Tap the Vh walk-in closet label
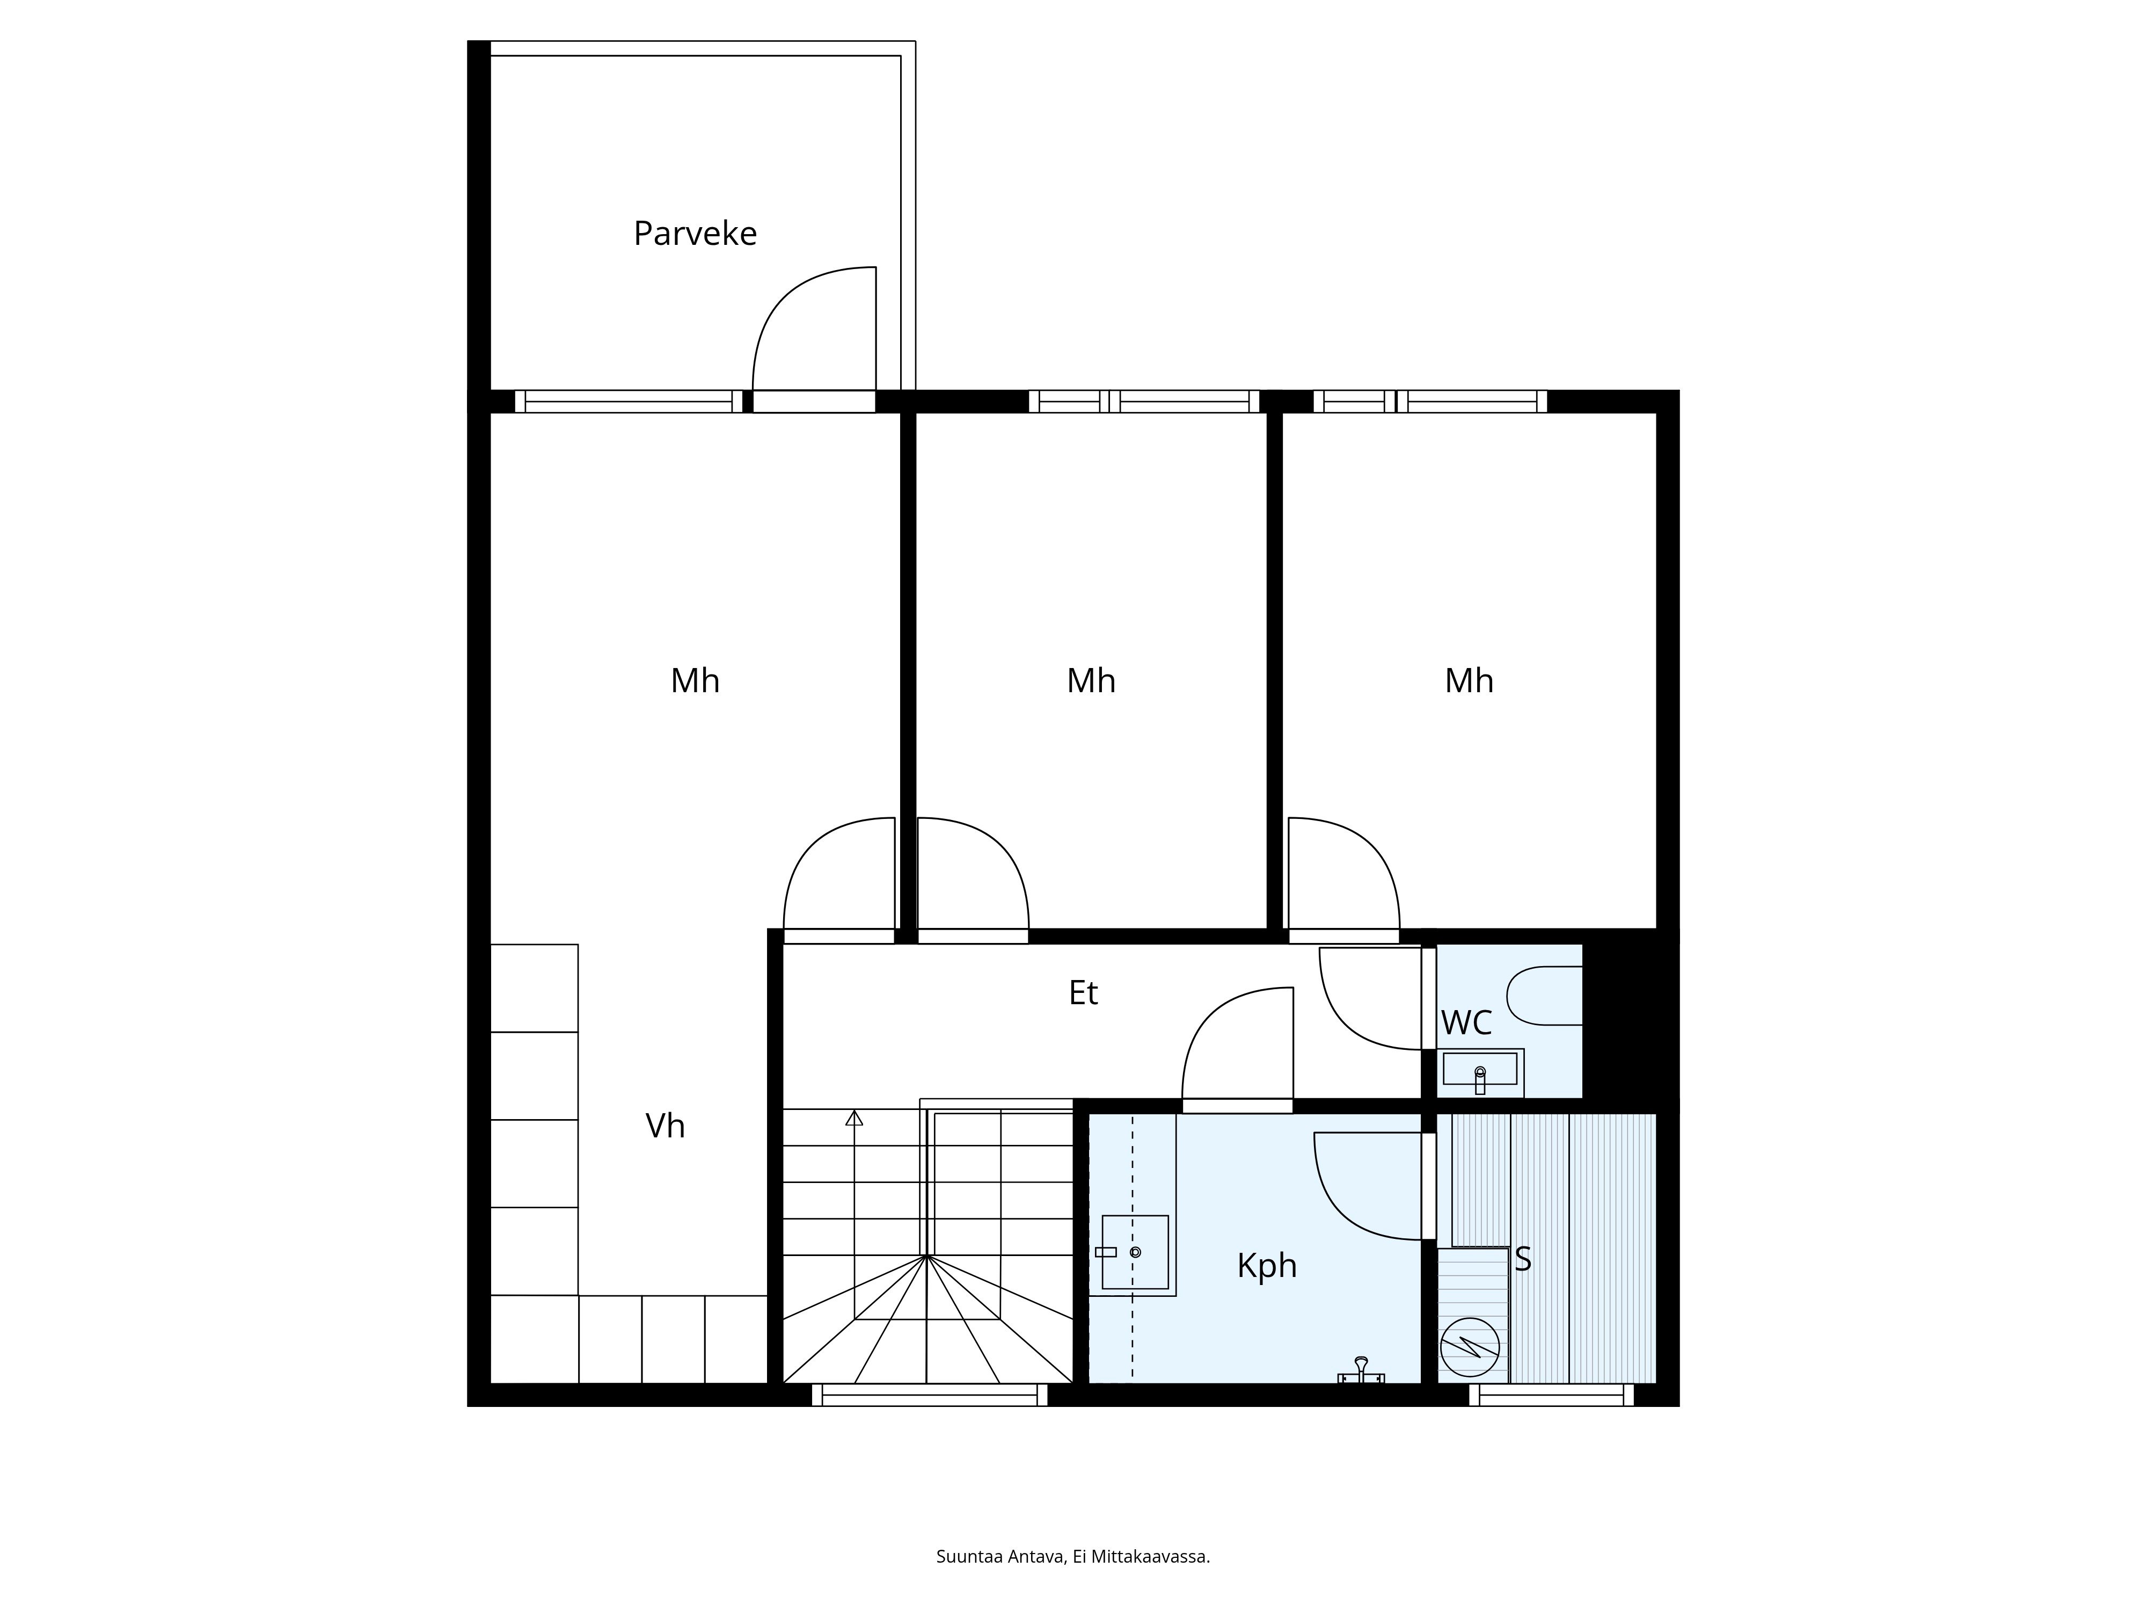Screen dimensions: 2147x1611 click(x=665, y=1126)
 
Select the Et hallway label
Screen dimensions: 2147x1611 click(x=1083, y=992)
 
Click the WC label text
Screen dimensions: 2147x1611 click(x=1466, y=1022)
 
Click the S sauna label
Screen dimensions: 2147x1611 click(x=1523, y=1259)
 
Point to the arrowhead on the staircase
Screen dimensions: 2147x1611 click(x=854, y=1117)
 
